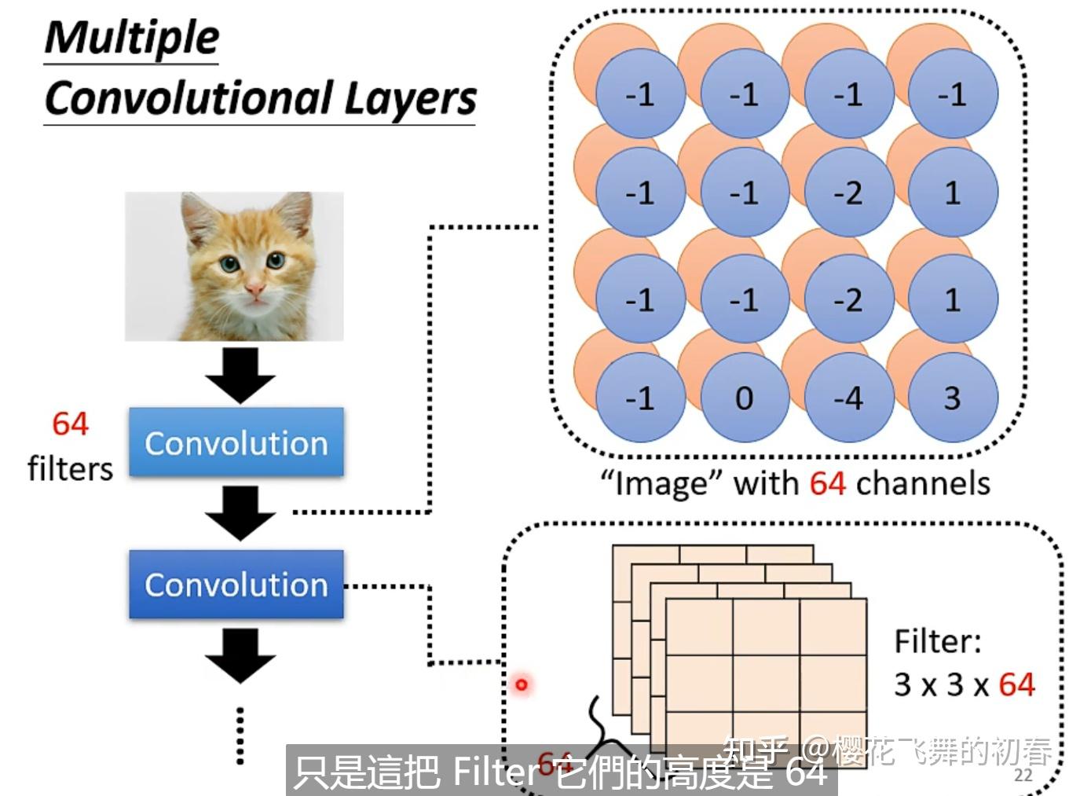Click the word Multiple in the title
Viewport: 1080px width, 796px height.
coord(131,37)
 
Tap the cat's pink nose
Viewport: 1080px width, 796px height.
coord(254,292)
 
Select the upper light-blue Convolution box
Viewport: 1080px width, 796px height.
coord(236,442)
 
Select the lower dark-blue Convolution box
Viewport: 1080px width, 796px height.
coord(236,584)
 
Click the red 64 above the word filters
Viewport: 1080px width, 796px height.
coord(70,424)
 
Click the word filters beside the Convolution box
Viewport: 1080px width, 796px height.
coord(70,469)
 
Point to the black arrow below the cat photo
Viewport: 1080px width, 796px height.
coord(240,374)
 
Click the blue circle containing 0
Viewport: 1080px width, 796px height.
coord(744,398)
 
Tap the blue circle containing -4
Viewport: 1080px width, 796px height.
coord(848,398)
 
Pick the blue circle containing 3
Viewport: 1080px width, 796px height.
coord(952,398)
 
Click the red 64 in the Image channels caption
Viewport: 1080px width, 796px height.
coord(827,482)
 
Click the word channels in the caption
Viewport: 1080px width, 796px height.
coord(923,482)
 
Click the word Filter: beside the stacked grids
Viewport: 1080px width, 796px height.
coord(938,641)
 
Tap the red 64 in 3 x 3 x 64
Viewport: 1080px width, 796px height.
coord(1016,684)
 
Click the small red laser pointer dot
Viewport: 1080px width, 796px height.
coord(521,685)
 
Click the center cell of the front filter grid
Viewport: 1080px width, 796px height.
coord(766,684)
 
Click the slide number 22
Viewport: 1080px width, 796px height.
coord(1023,776)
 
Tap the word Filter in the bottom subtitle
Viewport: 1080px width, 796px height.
coord(495,772)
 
